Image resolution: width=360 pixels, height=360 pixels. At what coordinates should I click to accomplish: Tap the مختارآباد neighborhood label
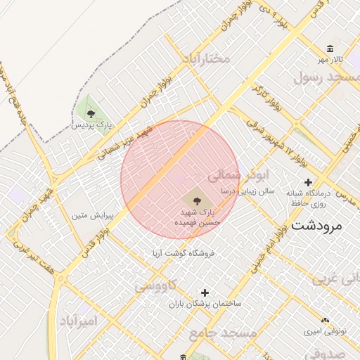tap(205, 57)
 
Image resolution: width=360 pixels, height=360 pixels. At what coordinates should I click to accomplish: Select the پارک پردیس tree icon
tap(90, 112)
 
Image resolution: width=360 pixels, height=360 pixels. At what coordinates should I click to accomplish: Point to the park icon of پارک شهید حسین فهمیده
tap(196, 201)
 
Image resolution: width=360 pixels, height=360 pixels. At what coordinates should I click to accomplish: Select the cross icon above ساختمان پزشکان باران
tap(205, 292)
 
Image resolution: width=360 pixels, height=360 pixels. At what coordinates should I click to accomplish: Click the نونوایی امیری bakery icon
tap(325, 319)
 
